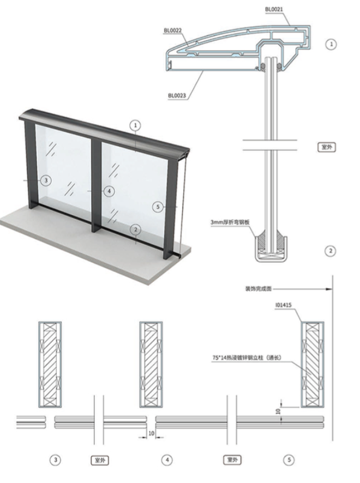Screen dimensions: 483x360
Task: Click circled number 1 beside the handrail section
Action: (x=330, y=44)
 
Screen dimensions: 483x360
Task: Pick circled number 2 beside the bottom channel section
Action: (x=330, y=251)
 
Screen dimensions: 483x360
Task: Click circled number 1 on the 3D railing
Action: (x=135, y=125)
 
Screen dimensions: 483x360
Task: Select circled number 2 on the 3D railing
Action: (x=135, y=230)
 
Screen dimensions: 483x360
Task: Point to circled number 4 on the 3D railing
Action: (x=109, y=191)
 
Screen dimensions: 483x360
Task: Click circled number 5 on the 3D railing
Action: (x=158, y=207)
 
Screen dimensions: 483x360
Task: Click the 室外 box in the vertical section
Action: (x=326, y=147)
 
